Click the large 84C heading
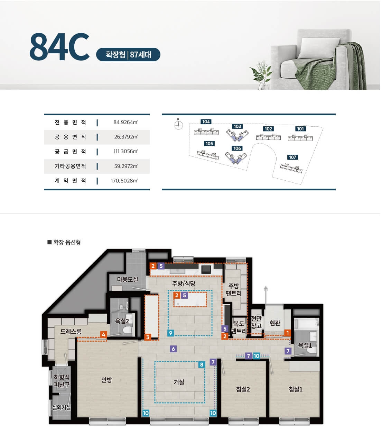tap(59, 47)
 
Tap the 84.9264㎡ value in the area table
tap(126, 122)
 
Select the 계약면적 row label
tap(70, 181)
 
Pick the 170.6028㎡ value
tap(124, 181)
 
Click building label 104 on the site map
tap(206, 121)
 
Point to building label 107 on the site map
tap(292, 157)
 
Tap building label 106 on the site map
tap(237, 148)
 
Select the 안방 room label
tap(106, 380)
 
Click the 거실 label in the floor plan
tap(179, 382)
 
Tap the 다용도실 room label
tap(128, 279)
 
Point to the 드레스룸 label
tap(71, 332)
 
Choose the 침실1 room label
tap(296, 389)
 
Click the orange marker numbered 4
tap(103, 334)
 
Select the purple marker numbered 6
tap(173, 349)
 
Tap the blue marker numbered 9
tap(170, 333)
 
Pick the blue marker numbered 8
tap(202, 364)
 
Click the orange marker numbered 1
tap(288, 333)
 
